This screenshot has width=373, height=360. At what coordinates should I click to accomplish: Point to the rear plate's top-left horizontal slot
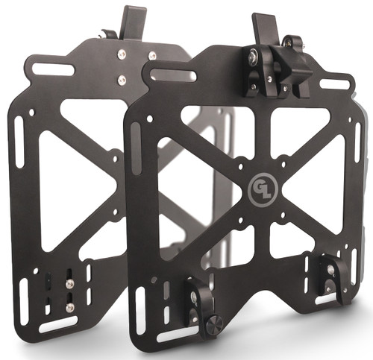point(53,69)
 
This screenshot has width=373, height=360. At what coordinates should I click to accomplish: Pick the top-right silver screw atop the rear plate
point(151,55)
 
